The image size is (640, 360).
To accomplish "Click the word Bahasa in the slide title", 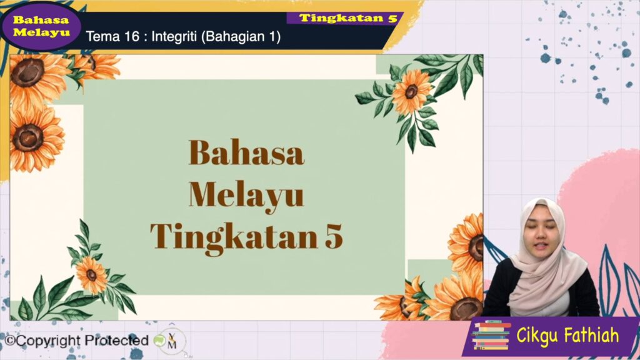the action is point(246,152).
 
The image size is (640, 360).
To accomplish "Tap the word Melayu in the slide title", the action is point(246,197).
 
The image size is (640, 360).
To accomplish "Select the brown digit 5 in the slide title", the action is point(334,236).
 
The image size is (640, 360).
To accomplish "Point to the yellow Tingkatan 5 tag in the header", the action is point(348,18).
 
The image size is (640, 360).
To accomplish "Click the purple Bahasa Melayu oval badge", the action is point(41,26).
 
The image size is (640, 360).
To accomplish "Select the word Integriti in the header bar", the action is point(174,37).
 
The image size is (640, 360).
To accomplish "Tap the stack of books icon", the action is point(491,335).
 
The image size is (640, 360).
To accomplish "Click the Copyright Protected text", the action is point(76,341).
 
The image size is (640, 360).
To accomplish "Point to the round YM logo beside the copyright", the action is point(172,341).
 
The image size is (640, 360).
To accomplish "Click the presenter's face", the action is point(541,232).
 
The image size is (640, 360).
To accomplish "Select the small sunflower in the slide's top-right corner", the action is point(411,92).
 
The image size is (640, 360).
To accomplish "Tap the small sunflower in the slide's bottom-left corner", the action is point(91,275).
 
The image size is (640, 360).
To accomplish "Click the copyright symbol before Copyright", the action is point(9,341).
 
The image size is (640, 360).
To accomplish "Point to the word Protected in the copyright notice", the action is point(117,340).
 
